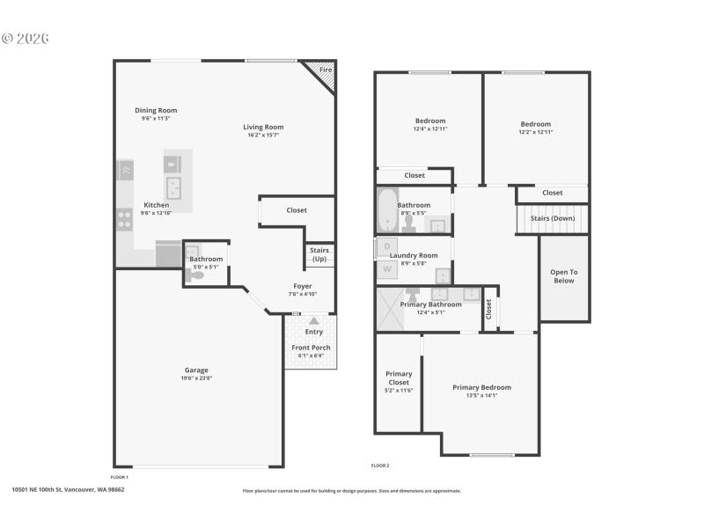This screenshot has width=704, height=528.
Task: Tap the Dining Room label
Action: pos(156,110)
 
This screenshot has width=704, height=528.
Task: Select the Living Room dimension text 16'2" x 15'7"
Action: pos(263,136)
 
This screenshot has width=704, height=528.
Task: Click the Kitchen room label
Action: pos(157,204)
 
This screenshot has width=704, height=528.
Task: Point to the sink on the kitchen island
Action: pos(173,187)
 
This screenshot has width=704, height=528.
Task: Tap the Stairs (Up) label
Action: pos(319,254)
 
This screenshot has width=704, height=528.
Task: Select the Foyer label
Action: pos(302,286)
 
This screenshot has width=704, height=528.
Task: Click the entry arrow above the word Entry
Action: pos(314,321)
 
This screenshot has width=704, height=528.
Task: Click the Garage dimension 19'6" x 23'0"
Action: pos(196,378)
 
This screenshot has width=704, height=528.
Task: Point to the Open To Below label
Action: pos(563,276)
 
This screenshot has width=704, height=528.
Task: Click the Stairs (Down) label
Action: pos(552,217)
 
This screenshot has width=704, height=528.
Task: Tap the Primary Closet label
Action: pos(399,378)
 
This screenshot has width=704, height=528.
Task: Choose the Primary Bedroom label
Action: pos(481,387)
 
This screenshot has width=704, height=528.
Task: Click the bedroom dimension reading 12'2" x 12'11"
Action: pos(535,132)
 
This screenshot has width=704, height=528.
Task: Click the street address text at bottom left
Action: pos(68,490)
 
